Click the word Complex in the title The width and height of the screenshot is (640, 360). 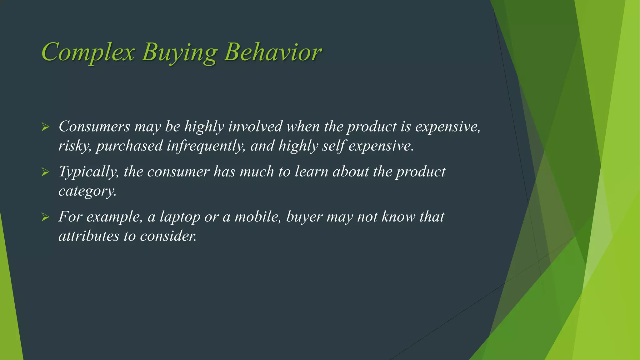pyautogui.click(x=88, y=52)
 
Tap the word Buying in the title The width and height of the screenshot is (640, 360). pyautogui.click(x=179, y=52)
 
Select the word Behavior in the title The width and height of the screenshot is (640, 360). pyautogui.click(x=272, y=52)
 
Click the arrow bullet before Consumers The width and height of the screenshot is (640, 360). pyautogui.click(x=45, y=127)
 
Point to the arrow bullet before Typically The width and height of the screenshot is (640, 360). pyautogui.click(x=45, y=172)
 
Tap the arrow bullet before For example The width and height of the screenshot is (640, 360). pyautogui.click(x=45, y=217)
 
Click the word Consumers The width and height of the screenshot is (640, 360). pyautogui.click(x=94, y=127)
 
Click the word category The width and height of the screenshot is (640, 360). pyautogui.click(x=87, y=191)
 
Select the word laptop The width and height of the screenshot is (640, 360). pyautogui.click(x=180, y=217)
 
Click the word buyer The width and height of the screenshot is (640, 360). pyautogui.click(x=304, y=217)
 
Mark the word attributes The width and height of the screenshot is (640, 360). pyautogui.click(x=89, y=236)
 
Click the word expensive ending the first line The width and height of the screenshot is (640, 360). pyautogui.click(x=447, y=127)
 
